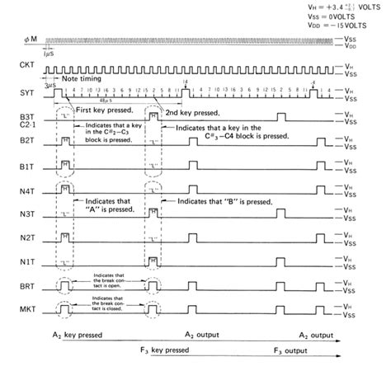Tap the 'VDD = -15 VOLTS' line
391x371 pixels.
[339, 25]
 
